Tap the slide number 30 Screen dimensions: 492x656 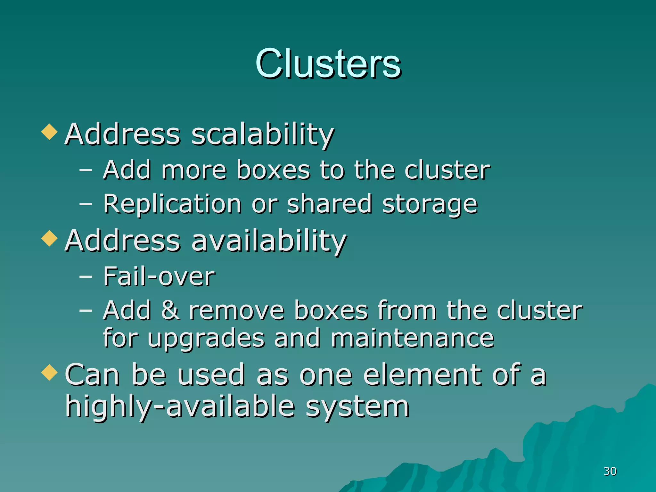point(610,471)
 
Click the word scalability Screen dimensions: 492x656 point(263,135)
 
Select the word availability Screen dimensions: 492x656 point(269,241)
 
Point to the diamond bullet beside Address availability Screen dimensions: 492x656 point(50,239)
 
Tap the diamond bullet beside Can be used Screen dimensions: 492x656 point(50,373)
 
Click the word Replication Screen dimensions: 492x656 point(172,204)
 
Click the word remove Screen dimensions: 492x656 point(236,311)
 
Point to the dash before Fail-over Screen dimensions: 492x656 point(86,276)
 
